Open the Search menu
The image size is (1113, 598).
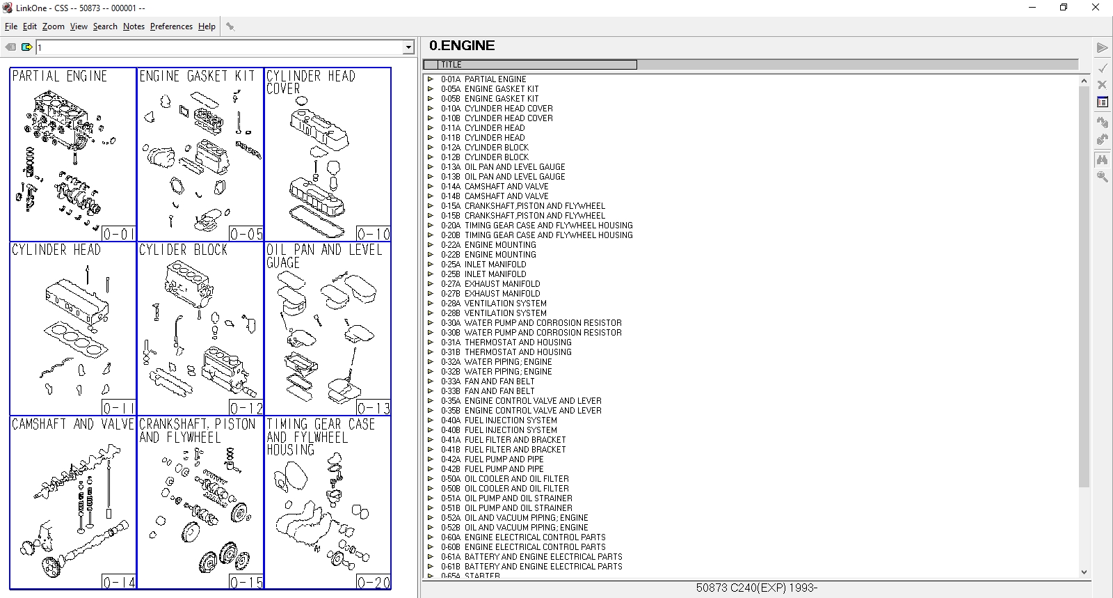pos(105,26)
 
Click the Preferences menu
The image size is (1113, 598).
pos(171,26)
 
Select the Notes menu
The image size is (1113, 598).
pos(134,26)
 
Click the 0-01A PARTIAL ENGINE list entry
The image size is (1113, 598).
pos(495,79)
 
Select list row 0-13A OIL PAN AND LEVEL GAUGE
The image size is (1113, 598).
pos(514,167)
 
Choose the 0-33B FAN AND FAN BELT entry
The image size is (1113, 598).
pos(499,391)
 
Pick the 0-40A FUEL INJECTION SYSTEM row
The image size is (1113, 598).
pos(510,420)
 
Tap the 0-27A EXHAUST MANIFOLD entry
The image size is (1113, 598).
pos(502,284)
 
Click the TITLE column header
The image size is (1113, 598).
pos(530,65)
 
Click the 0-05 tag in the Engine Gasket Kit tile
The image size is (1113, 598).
pos(246,234)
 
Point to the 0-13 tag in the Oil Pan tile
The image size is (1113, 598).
pos(374,408)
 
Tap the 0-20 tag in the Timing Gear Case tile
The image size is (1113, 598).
pos(374,582)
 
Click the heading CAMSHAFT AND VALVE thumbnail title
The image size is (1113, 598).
pos(73,424)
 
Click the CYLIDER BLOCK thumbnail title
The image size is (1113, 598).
pos(184,250)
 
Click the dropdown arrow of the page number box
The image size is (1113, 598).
pos(408,47)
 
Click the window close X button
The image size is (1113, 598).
pos(1095,8)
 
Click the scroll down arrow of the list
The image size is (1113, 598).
pos(1084,572)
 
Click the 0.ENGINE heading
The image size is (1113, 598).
pos(462,46)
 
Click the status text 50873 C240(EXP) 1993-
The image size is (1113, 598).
pos(756,588)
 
